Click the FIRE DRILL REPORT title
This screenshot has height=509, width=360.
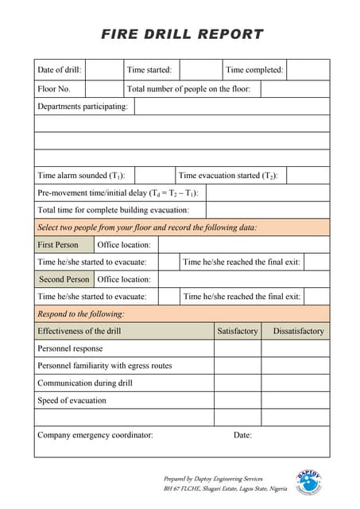[x=182, y=34]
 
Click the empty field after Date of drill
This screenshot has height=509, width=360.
[x=103, y=70]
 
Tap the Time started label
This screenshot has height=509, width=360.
[x=149, y=70]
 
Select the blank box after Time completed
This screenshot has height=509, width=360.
[x=308, y=70]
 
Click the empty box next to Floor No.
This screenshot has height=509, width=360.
[x=103, y=89]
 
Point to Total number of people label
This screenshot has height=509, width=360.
[x=188, y=89]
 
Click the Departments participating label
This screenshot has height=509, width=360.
[x=83, y=107]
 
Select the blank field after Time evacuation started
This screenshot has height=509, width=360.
[x=308, y=176]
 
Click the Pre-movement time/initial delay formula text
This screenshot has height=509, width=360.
[x=118, y=193]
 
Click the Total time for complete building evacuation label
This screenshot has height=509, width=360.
[x=113, y=211]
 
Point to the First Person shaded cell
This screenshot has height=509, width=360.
[x=58, y=245]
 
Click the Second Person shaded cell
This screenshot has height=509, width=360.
[x=64, y=280]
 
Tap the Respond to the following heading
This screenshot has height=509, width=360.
[x=81, y=314]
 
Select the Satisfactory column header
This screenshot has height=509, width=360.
[x=238, y=331]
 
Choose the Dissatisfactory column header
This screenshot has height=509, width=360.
[x=298, y=331]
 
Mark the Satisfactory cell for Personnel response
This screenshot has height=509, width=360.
[x=238, y=348]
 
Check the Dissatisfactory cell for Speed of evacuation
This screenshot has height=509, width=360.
[x=298, y=400]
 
